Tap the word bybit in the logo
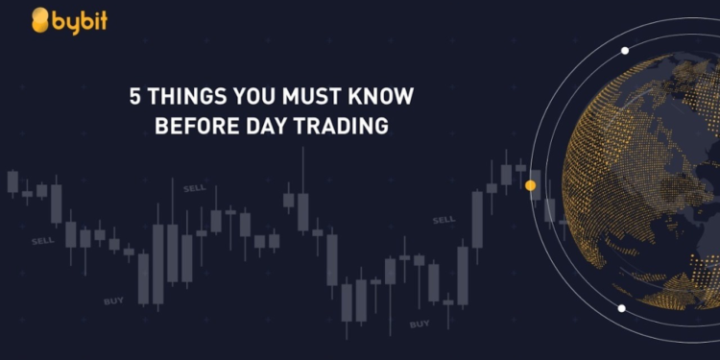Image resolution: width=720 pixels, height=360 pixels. point(81,19)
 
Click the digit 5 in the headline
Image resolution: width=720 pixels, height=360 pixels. point(134,97)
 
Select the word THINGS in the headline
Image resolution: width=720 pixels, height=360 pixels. point(181,97)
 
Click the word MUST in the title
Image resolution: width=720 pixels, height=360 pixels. point(303,97)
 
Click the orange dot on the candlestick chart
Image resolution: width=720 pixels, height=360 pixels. point(531,185)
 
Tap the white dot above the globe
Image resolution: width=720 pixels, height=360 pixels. point(625,50)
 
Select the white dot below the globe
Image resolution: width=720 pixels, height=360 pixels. point(622,308)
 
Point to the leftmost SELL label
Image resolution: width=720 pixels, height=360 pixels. point(43,240)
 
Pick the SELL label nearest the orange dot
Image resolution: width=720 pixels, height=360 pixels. point(444,220)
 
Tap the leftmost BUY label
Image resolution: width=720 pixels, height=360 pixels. point(114,301)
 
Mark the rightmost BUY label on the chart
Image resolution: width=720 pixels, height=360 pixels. point(420,324)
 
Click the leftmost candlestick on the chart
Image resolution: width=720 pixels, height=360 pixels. point(12,181)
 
